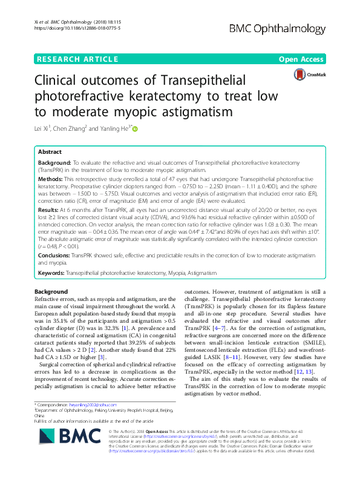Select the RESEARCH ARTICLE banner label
click(77, 59)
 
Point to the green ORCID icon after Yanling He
click(135, 128)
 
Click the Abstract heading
click(50, 152)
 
